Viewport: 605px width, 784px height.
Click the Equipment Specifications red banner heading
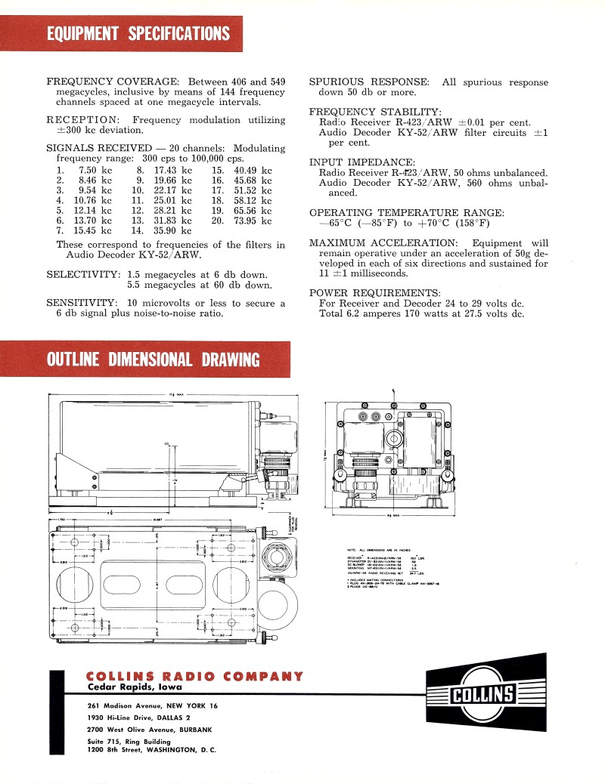(138, 34)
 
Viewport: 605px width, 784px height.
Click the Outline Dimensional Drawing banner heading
(153, 360)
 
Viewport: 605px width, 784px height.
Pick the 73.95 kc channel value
(253, 221)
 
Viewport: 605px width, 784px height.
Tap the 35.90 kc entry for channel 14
(172, 230)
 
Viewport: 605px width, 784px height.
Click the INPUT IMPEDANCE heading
(362, 162)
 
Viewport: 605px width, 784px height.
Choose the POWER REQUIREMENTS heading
(374, 292)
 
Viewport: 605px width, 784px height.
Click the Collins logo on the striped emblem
(482, 693)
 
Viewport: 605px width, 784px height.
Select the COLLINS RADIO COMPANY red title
(195, 676)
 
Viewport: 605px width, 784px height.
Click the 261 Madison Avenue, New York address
(152, 705)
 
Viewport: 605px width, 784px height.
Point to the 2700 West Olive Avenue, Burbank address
(149, 729)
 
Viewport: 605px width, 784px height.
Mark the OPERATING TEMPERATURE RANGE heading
(406, 212)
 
